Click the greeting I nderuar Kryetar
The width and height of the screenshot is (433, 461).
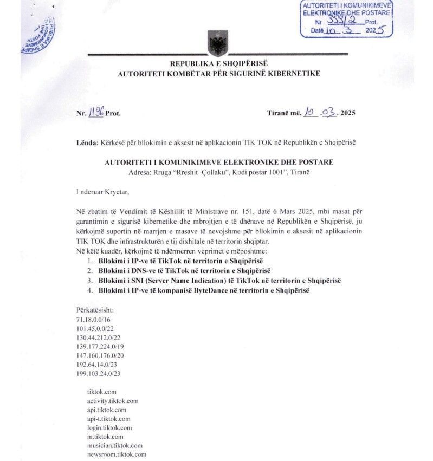coord(103,191)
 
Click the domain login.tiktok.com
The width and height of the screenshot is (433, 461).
coord(109,427)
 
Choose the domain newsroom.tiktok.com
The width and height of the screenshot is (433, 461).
coord(117,454)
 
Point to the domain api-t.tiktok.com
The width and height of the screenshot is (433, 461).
coord(108,419)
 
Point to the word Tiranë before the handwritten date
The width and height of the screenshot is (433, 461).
coord(282,113)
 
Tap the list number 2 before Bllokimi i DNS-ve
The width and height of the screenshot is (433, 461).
coord(89,270)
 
